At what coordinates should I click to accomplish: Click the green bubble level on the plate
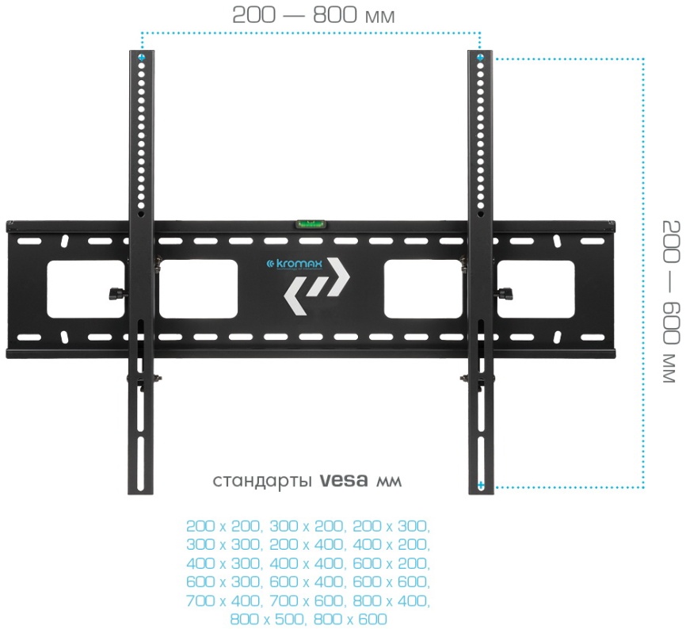pos(310,224)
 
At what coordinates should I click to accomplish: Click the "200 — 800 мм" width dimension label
pos(313,15)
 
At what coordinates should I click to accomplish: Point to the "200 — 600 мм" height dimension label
pos(671,302)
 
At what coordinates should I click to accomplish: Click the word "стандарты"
pos(262,482)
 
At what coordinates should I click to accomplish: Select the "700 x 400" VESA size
pos(224,600)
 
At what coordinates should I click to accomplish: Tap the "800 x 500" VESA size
pos(266,619)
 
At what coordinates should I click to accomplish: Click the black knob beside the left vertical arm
pos(116,292)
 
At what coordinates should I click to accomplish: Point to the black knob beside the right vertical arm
pos(505,292)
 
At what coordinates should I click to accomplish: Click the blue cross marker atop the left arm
pos(141,57)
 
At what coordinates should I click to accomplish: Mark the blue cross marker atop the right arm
pos(480,57)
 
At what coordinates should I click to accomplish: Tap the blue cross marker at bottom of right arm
pos(480,485)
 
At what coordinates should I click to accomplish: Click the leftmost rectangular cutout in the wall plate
pos(86,288)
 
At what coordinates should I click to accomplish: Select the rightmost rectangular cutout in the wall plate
pos(535,288)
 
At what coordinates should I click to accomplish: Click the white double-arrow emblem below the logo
pos(316,287)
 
